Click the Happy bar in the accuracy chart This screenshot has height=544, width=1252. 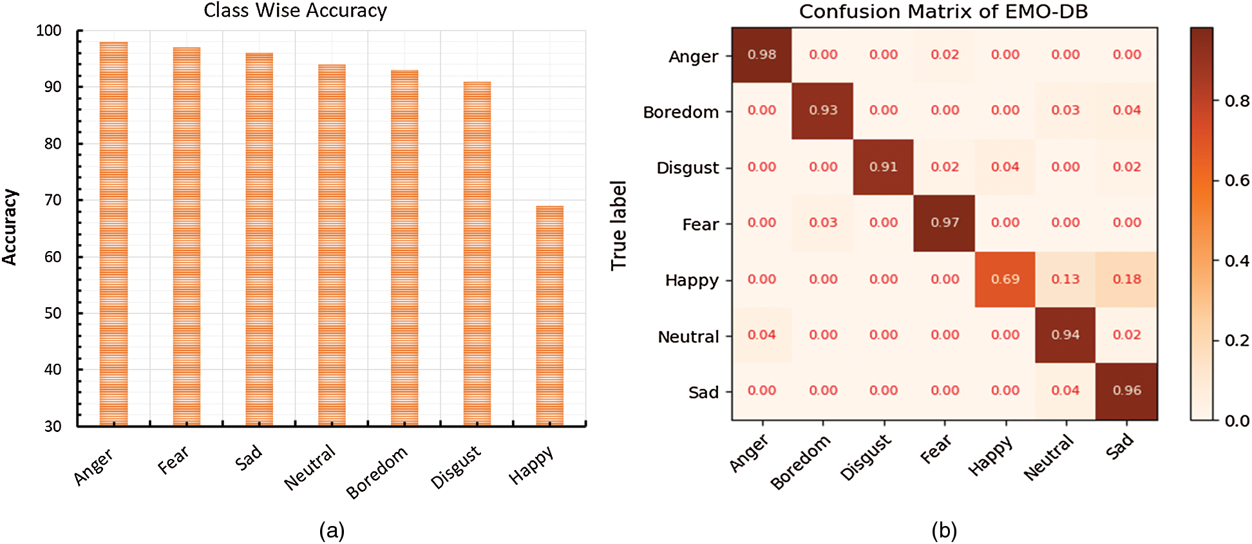click(x=549, y=315)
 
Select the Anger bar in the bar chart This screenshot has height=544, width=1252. click(x=113, y=233)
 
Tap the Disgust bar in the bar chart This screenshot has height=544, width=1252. click(x=477, y=254)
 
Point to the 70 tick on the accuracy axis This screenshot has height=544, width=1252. click(x=53, y=200)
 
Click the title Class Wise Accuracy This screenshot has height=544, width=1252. click(x=295, y=11)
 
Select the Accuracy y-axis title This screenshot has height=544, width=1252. click(x=10, y=227)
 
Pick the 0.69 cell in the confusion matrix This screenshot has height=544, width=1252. click(x=1005, y=279)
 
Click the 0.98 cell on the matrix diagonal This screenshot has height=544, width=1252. click(x=761, y=55)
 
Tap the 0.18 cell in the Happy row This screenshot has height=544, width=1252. click(x=1126, y=279)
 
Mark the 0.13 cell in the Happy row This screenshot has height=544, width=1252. click(x=1065, y=279)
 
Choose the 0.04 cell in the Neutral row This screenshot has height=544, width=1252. click(x=761, y=335)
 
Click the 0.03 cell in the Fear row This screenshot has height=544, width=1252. click(x=822, y=223)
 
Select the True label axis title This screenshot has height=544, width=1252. click(x=618, y=225)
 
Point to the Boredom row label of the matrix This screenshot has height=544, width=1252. click(x=681, y=112)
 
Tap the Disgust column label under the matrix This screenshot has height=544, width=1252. click(x=866, y=458)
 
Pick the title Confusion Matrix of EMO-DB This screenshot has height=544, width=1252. click(x=943, y=12)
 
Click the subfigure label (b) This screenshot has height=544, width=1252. click(x=944, y=530)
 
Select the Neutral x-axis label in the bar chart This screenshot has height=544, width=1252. click(x=310, y=467)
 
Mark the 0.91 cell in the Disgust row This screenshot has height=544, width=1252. click(x=883, y=167)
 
